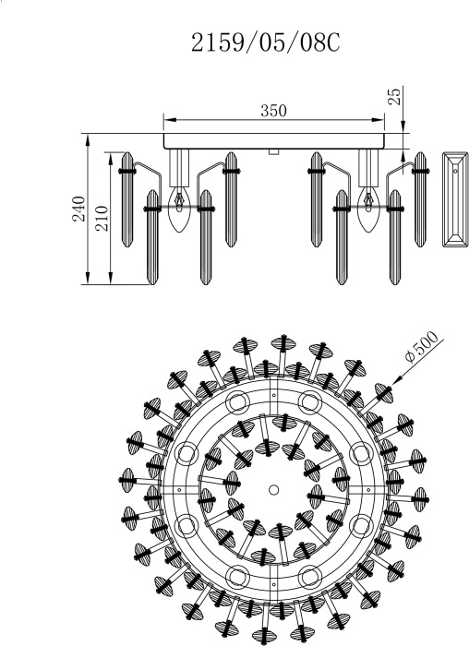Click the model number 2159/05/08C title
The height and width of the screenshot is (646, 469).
pyautogui.click(x=265, y=42)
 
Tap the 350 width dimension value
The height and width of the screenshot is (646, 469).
pyautogui.click(x=273, y=111)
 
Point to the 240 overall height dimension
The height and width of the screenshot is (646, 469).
pyautogui.click(x=79, y=209)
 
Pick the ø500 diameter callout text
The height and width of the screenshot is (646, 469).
pyautogui.click(x=422, y=346)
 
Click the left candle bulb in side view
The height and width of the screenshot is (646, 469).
pyautogui.click(x=179, y=209)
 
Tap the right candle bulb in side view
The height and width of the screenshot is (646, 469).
pyautogui.click(x=368, y=209)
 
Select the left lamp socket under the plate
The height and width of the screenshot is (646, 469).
pyautogui.click(x=179, y=168)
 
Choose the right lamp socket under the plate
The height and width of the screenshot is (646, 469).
pyautogui.click(x=368, y=168)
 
